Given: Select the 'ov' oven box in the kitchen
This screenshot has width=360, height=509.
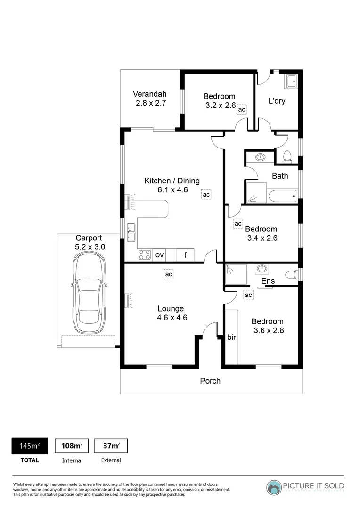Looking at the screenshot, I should coord(160,255).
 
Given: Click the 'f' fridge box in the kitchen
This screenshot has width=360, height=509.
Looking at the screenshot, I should coord(186,255).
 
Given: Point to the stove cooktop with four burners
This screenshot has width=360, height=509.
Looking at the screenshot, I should coord(145,255).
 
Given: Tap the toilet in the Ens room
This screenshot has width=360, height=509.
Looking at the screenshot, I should coord(294,274).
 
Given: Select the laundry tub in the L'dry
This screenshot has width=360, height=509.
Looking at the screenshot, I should coord(292,82).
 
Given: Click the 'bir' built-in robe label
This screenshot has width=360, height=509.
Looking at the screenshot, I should coord(231,337).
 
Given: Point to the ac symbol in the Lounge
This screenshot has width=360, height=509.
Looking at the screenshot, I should coord(169,274).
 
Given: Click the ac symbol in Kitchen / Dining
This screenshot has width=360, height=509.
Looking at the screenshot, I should coord(206,194).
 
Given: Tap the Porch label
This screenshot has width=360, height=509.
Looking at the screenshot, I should coord(210,381).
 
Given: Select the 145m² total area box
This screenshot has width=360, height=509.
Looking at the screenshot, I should coord(30,446).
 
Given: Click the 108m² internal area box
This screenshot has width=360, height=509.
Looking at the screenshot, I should coord(72,446).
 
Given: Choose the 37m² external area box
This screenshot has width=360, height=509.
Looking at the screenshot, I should coord(111,446).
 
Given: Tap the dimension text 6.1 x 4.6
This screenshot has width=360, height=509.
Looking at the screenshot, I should coord(172,190).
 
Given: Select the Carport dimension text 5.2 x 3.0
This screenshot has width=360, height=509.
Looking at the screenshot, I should coord(90,246).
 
